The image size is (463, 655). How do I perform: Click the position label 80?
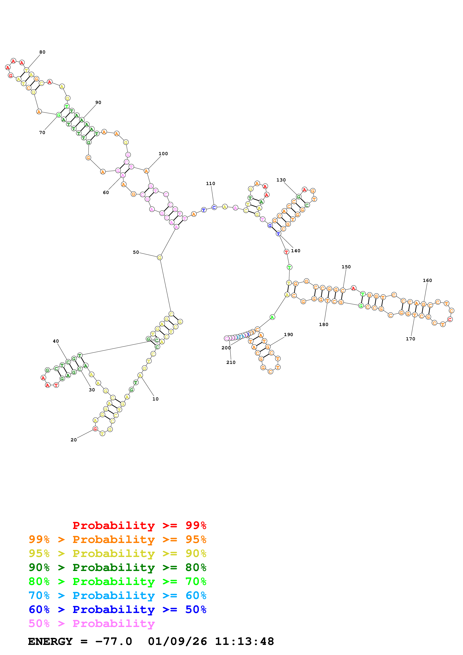[42, 52]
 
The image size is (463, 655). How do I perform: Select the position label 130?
[281, 180]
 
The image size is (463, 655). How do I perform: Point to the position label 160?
[427, 280]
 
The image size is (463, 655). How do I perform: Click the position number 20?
[74, 440]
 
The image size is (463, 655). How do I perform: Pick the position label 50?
[136, 252]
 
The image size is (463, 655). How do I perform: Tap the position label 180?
[323, 324]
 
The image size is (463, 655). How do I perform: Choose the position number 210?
[231, 362]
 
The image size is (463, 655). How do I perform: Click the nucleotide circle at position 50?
[160, 258]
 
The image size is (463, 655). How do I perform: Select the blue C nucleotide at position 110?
[214, 207]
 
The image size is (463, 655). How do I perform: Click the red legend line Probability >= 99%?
[139, 525]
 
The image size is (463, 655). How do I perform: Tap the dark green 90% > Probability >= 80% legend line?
[117, 567]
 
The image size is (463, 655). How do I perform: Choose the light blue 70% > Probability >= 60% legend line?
[117, 595]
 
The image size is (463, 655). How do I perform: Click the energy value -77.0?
[114, 641]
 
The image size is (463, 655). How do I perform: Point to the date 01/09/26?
[177, 641]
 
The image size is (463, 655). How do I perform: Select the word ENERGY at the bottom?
[50, 641]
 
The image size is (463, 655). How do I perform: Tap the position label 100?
[163, 154]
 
